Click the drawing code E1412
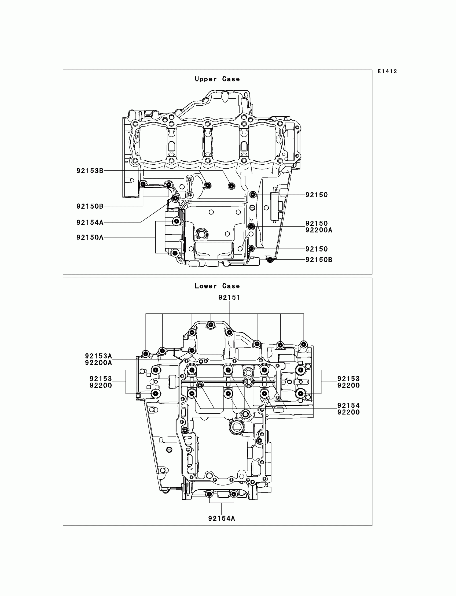pos(387,72)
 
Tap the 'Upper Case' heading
pos(217,79)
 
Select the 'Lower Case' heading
pos(217,286)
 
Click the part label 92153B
pos(90,171)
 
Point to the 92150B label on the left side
pos(90,206)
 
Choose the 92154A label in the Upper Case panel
pos(90,223)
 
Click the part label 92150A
pos(90,238)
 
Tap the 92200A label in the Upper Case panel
pos(319,230)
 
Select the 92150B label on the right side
pos(319,260)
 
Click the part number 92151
pos(229,298)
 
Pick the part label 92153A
pos(98,356)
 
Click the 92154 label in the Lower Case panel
pos(348,406)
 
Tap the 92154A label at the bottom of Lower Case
pos(222,519)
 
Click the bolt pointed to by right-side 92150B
pos(270,260)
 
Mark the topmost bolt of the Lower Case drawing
pos(211,324)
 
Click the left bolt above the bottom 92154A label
pos(209,494)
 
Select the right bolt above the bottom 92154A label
pos(234,494)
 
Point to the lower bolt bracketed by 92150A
pos(175,253)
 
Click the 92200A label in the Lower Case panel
pos(98,363)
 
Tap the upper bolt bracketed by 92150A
pos(177,221)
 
